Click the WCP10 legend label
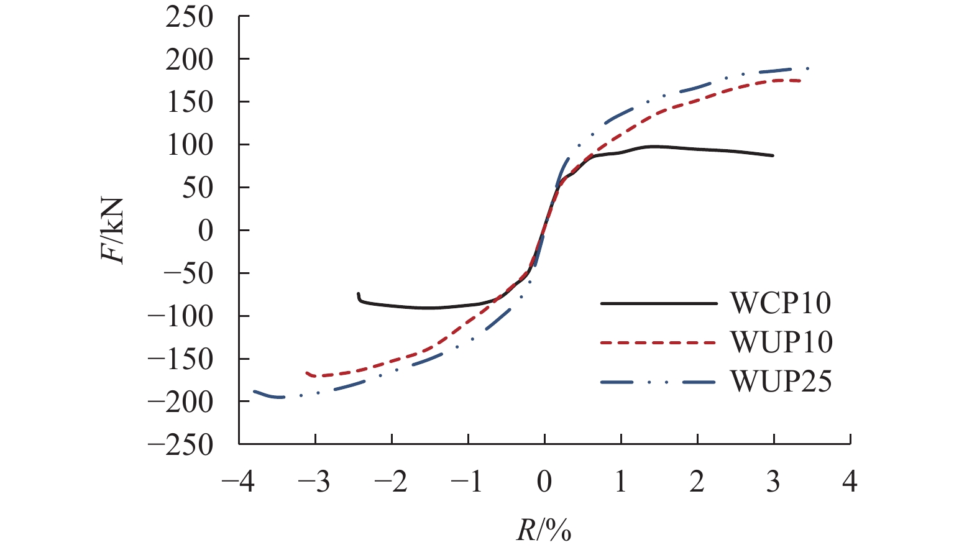pos(781,303)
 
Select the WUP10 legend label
pos(781,342)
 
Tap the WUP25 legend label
pos(781,381)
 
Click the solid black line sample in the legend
pos(658,303)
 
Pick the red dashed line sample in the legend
pos(658,342)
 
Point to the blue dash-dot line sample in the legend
pos(658,382)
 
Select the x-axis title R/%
pos(543,530)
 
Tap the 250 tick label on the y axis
pos(190,17)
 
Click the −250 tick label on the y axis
pos(180,445)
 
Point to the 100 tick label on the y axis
pos(190,145)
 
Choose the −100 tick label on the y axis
pos(180,316)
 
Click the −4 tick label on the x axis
pos(239,482)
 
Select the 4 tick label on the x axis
pos(850,482)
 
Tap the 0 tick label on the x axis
pos(544,482)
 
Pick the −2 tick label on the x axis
pos(392,482)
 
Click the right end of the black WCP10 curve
pos(773,155)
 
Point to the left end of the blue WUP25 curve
pos(254,392)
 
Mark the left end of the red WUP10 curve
pos(307,373)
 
